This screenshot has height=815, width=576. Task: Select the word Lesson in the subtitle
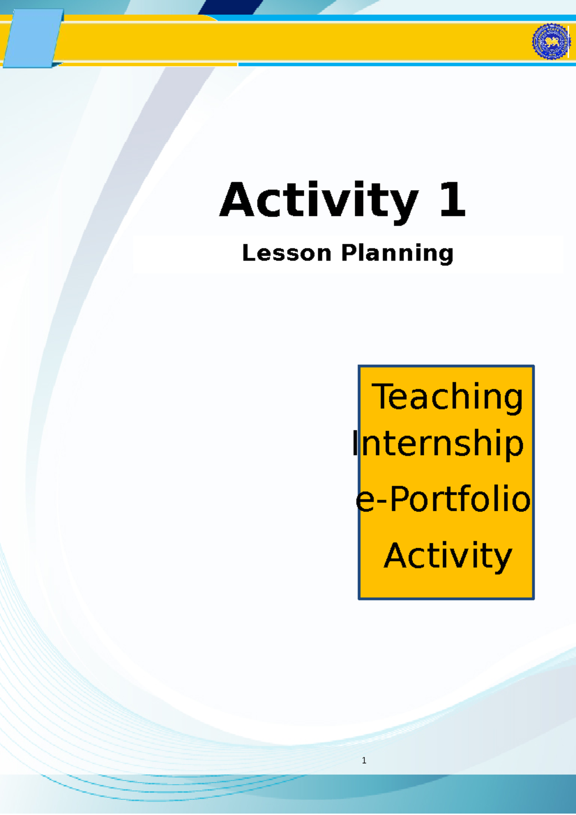[x=287, y=253]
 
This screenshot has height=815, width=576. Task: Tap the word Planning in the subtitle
[x=397, y=253]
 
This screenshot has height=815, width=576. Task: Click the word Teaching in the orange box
[x=447, y=397]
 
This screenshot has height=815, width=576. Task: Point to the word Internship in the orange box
[x=437, y=443]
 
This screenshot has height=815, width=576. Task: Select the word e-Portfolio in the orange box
[x=443, y=499]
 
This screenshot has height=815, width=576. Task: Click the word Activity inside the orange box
[x=447, y=556]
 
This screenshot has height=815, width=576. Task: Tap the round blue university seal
[x=551, y=42]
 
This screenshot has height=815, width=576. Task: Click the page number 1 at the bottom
[x=364, y=760]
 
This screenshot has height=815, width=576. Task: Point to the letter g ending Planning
[x=446, y=255]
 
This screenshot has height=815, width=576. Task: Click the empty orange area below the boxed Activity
[x=446, y=586]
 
